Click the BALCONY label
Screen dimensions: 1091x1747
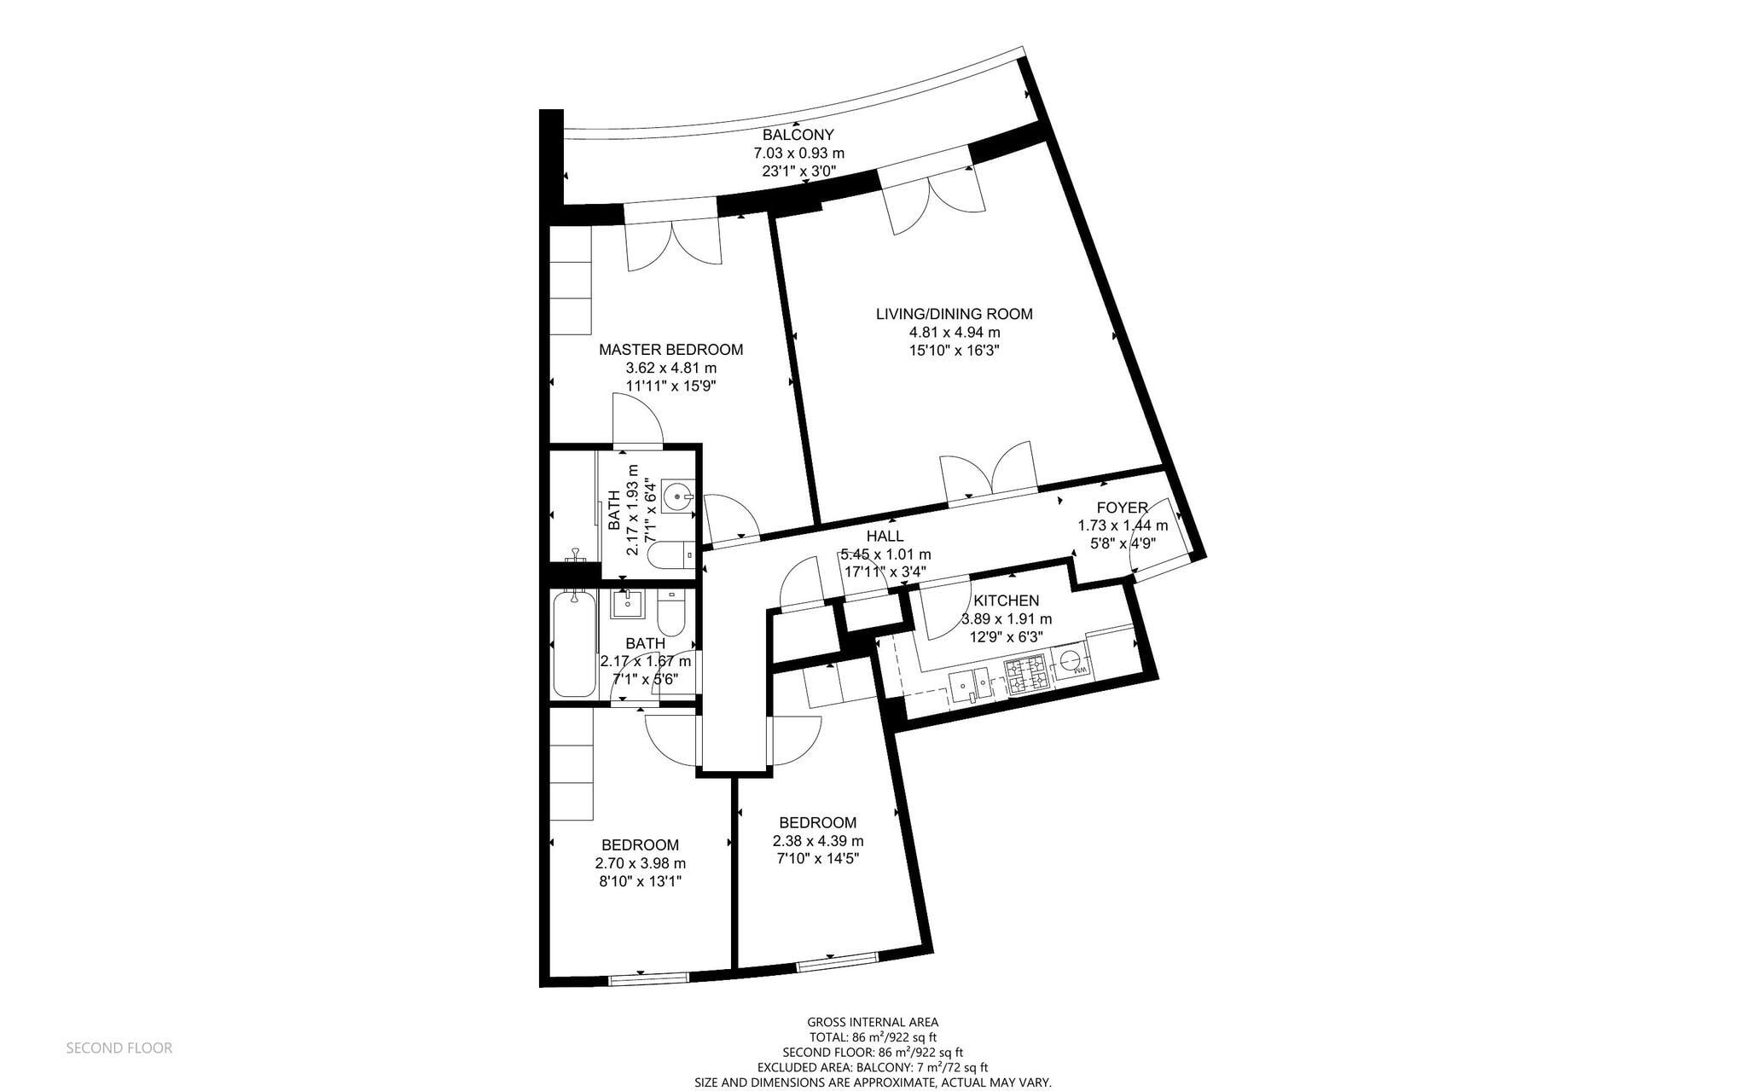[x=798, y=135]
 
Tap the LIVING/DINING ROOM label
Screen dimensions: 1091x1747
[x=954, y=314]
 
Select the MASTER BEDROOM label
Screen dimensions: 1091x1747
[x=670, y=350]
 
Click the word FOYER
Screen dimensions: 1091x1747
[x=1122, y=508]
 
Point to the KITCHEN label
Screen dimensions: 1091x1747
[x=1007, y=601]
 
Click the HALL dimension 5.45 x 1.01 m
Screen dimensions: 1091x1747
[x=885, y=554]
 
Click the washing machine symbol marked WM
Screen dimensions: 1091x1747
[x=1071, y=660]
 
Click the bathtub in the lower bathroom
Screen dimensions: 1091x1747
[x=573, y=647]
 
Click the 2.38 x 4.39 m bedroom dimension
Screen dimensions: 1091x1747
[x=817, y=841]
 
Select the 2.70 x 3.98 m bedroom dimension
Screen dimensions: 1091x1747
[x=640, y=863]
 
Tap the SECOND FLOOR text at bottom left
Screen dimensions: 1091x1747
[x=119, y=1048]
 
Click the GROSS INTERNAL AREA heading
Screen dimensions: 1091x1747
[x=873, y=1022]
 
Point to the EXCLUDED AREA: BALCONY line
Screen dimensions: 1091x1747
[x=873, y=1067]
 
